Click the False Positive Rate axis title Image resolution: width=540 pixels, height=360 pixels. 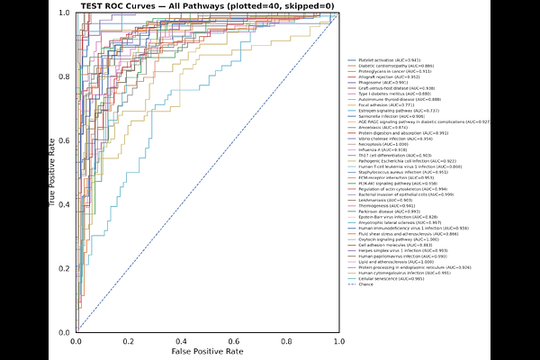click(209, 352)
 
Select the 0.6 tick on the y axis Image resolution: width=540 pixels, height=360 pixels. click(64, 140)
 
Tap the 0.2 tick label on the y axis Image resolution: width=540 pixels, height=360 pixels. click(64, 268)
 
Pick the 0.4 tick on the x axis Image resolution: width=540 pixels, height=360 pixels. click(182, 341)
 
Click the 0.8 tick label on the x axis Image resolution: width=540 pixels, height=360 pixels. click(287, 341)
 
